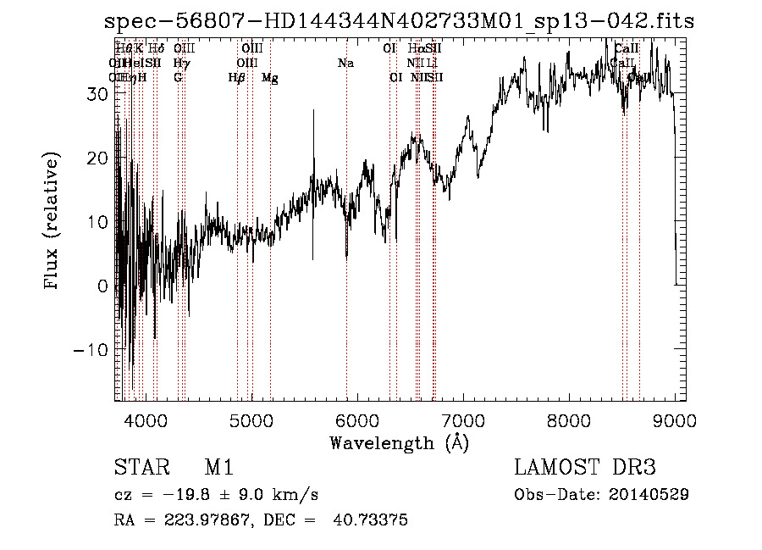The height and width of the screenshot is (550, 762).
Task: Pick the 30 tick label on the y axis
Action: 97,94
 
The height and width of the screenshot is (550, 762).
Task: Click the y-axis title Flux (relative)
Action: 52,222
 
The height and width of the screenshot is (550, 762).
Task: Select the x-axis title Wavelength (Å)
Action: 399,443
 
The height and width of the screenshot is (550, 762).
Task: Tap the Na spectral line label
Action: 345,64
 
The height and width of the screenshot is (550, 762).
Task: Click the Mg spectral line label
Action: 270,78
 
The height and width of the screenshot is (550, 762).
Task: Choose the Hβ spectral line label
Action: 236,78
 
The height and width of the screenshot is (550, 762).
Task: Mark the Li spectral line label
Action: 432,64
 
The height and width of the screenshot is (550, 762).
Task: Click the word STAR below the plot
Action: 138,468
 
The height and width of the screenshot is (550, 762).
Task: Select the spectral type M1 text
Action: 218,468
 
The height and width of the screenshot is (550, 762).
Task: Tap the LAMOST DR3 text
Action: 584,468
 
